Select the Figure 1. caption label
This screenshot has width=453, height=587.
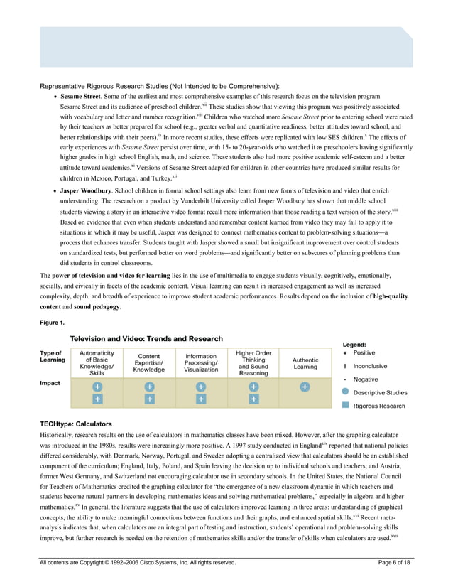point(53,322)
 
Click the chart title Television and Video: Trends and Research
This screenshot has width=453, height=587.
point(146,339)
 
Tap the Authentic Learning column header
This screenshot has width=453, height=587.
point(305,363)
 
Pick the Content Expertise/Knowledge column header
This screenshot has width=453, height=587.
point(149,363)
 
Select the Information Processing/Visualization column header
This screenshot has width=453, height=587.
point(201,363)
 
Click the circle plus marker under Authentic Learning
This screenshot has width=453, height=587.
point(305,387)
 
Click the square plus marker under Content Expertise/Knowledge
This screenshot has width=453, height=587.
point(149,400)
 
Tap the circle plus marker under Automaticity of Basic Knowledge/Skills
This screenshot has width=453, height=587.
point(97,387)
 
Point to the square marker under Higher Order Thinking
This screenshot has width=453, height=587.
point(253,400)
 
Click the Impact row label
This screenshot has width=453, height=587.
point(50,383)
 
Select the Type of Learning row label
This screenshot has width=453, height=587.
point(52,357)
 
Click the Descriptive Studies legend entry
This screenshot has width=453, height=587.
point(380,392)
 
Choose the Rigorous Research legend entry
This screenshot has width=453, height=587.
point(379,406)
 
